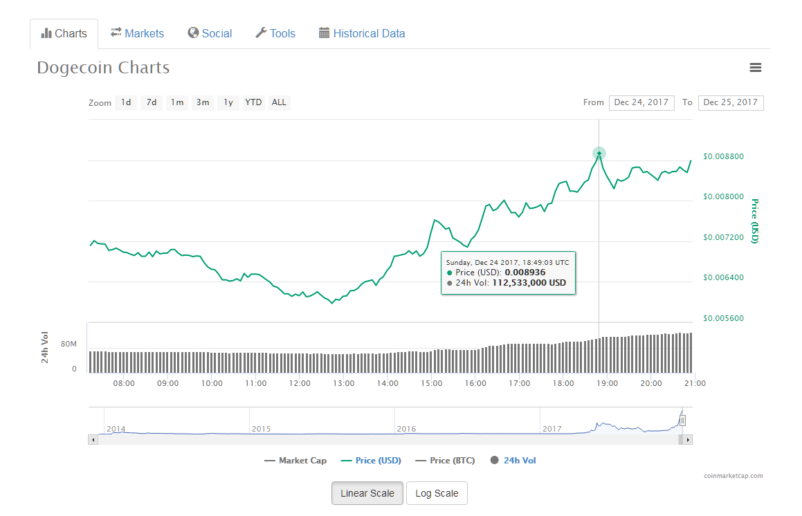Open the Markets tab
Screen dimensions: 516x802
tap(137, 33)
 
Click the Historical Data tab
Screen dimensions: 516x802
tap(362, 33)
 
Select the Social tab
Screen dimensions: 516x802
tap(210, 33)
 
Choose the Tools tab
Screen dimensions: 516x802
tap(275, 33)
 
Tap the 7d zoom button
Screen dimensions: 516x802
tap(152, 102)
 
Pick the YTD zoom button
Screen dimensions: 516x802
tap(253, 102)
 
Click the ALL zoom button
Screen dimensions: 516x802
tap(279, 102)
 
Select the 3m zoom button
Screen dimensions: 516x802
tap(203, 102)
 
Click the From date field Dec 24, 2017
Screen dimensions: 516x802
tap(641, 102)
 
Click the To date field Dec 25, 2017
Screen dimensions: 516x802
tap(731, 102)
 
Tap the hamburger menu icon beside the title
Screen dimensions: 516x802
tap(756, 68)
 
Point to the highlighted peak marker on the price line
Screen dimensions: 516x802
tap(599, 153)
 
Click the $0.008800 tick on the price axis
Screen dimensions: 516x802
tap(723, 156)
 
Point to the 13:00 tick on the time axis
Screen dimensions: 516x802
tap(344, 383)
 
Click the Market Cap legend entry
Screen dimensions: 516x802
tap(295, 461)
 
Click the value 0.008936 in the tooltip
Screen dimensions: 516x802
tap(525, 273)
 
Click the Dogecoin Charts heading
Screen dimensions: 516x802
tap(103, 68)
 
